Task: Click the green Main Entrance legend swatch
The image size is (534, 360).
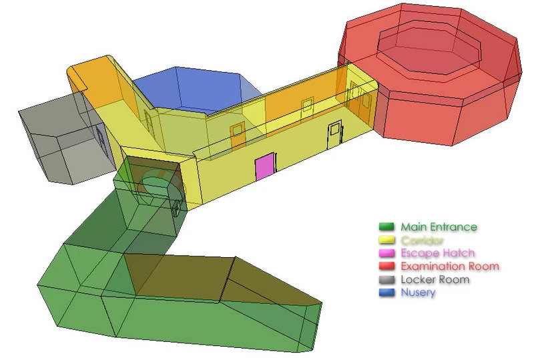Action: point(386,226)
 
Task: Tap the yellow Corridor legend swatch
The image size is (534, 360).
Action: point(386,240)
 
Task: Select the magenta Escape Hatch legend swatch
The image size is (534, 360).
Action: point(386,253)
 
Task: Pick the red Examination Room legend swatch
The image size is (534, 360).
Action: point(386,266)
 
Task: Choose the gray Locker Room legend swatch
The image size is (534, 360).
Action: point(386,279)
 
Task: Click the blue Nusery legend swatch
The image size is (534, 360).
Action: point(386,292)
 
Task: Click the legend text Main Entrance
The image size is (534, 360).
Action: point(439,226)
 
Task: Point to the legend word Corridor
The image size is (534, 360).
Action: point(422,240)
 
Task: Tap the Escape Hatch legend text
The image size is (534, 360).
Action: point(438,253)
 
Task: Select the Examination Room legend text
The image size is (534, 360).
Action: point(450,266)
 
